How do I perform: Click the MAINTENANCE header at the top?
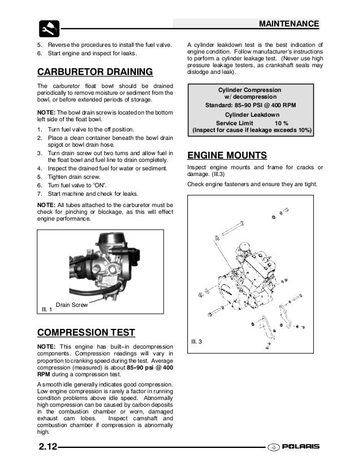click(288, 24)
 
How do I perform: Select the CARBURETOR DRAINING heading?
click(94, 72)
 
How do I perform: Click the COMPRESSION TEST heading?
click(85, 331)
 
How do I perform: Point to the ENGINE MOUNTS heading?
click(227, 155)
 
